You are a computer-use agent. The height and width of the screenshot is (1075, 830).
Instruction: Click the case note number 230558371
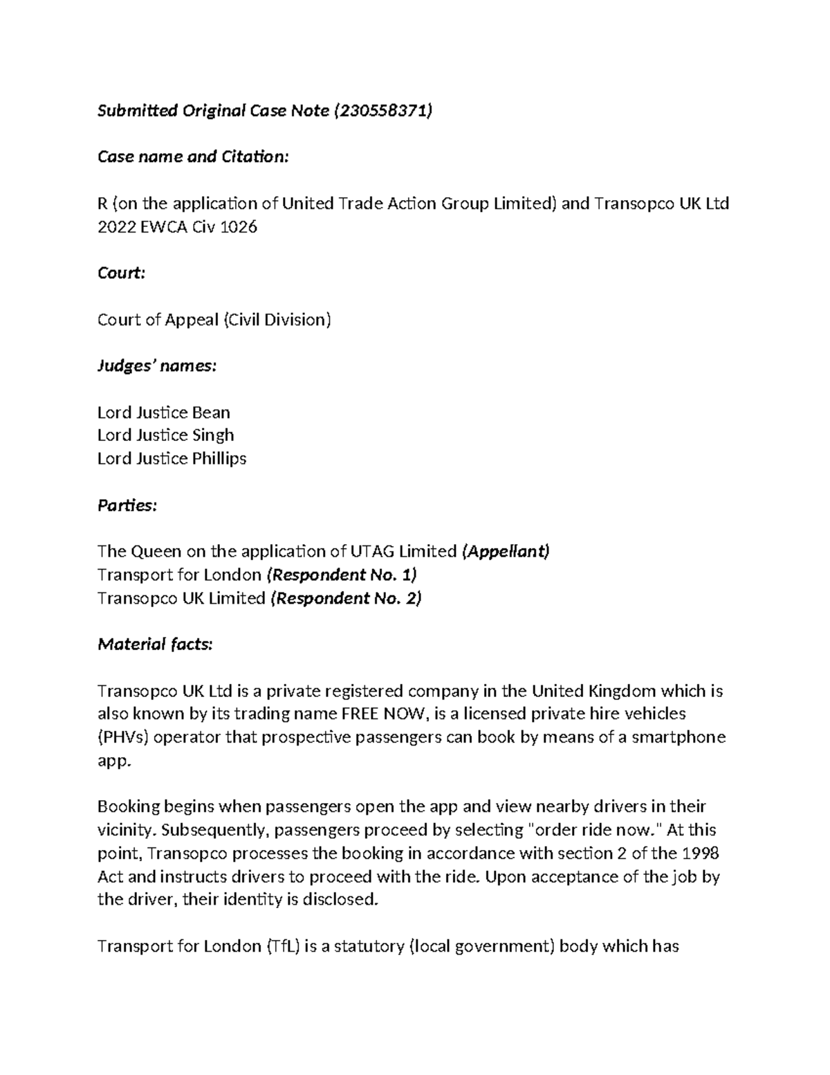click(x=382, y=111)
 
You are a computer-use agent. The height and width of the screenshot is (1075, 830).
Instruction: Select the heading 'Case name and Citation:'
click(x=192, y=157)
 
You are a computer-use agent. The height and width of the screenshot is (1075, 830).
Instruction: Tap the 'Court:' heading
click(x=122, y=273)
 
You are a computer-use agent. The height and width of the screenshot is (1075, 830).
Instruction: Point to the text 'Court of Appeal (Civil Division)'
click(x=214, y=319)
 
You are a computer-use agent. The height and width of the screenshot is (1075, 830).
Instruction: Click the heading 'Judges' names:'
click(x=157, y=365)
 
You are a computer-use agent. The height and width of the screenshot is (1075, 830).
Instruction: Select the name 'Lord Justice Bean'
click(x=164, y=413)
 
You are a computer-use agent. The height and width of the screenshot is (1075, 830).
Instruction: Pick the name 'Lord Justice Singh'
click(x=166, y=435)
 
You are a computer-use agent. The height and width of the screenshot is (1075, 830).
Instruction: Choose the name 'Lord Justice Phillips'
click(x=172, y=458)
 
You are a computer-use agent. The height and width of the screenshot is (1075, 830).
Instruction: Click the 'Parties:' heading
click(x=127, y=505)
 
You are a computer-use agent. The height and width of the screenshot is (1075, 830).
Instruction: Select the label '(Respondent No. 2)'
click(x=346, y=598)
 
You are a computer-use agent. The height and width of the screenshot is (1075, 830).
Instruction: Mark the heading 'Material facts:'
click(x=156, y=644)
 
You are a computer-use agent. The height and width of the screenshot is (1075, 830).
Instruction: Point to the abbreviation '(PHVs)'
click(x=123, y=737)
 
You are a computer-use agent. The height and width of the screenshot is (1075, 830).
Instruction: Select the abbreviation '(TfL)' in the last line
click(x=283, y=946)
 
